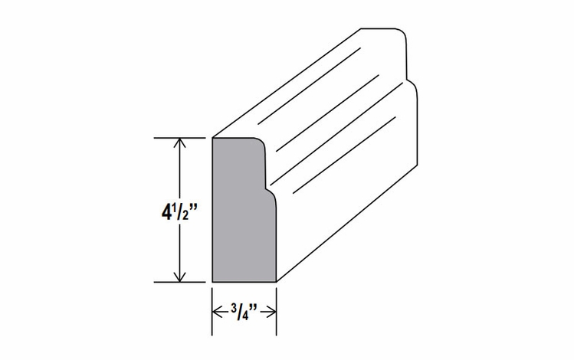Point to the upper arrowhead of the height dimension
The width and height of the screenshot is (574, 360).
point(179,142)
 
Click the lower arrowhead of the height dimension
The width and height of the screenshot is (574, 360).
point(179,277)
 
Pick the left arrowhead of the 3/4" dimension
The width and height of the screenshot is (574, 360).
point(218,312)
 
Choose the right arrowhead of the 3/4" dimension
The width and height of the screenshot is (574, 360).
point(271,312)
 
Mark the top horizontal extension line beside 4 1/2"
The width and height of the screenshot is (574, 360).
point(179,138)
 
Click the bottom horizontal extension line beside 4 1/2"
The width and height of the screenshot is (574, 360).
point(179,282)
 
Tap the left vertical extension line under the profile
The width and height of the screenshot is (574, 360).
point(212,311)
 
